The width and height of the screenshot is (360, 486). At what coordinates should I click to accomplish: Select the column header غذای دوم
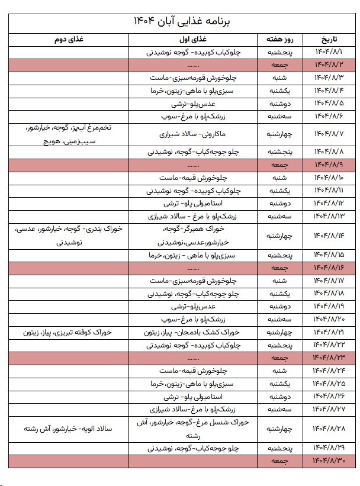click(x=69, y=40)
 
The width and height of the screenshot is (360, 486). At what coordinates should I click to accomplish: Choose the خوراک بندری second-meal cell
click(x=69, y=236)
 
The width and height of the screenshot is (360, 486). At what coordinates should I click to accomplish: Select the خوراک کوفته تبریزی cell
click(x=69, y=333)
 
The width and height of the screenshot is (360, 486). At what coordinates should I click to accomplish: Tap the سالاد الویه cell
click(x=69, y=429)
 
